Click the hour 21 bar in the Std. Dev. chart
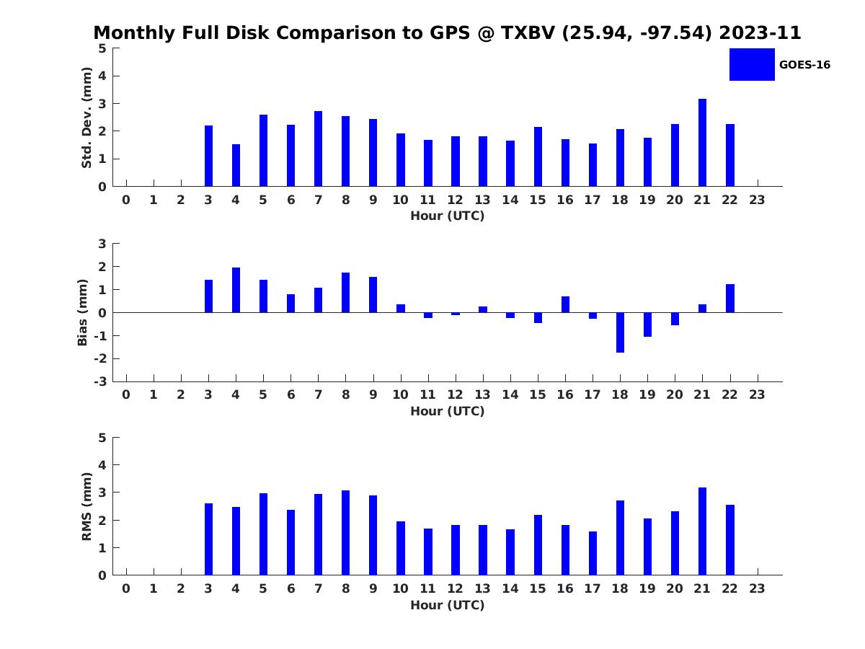tap(702, 142)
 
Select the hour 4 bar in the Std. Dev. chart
tap(236, 165)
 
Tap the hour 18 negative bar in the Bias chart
tap(620, 332)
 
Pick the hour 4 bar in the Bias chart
tap(236, 290)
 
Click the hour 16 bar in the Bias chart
tap(565, 304)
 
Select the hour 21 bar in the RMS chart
tap(702, 531)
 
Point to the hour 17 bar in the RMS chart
tap(593, 553)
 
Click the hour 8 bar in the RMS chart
tap(345, 533)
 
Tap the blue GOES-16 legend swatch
tap(752, 65)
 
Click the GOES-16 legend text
tap(804, 65)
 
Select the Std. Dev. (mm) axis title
tap(86, 118)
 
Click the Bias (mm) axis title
tap(82, 312)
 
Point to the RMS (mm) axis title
tap(86, 506)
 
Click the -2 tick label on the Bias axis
tap(100, 358)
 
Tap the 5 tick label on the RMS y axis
tap(102, 438)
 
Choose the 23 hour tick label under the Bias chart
tap(757, 394)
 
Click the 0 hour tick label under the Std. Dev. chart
tap(125, 200)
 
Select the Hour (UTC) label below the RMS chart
tap(448, 605)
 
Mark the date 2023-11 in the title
tap(760, 32)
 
